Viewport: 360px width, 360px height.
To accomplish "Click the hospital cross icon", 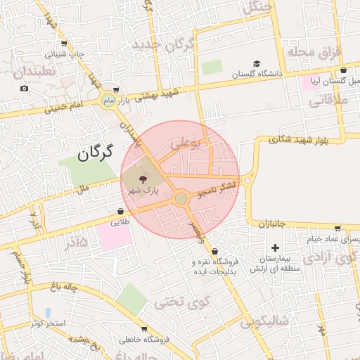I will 274,247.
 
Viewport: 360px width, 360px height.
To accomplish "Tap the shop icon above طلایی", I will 121,210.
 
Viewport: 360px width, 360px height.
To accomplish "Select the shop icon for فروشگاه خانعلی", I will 144,329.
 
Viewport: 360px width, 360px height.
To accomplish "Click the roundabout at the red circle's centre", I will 181,199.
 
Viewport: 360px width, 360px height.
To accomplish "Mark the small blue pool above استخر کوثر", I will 48,311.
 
